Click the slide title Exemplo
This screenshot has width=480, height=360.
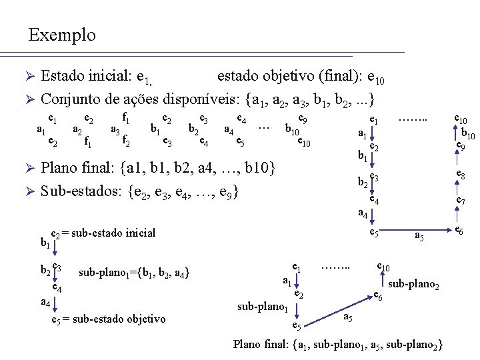pos(62,35)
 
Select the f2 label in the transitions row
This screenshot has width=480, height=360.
pos(125,141)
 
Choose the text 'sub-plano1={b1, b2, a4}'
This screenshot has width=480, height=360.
pos(133,273)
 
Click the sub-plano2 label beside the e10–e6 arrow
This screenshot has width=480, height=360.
pos(413,285)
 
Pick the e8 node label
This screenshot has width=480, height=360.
pos(460,175)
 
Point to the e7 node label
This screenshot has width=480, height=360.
pos(460,201)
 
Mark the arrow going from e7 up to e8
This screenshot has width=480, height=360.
pos(457,188)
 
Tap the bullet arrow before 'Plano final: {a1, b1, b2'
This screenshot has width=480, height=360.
pos(29,166)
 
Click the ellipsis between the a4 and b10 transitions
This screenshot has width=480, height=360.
pos(264,125)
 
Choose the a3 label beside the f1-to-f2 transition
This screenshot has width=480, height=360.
pos(115,131)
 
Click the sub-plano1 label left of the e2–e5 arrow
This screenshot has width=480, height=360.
pos(263,307)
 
